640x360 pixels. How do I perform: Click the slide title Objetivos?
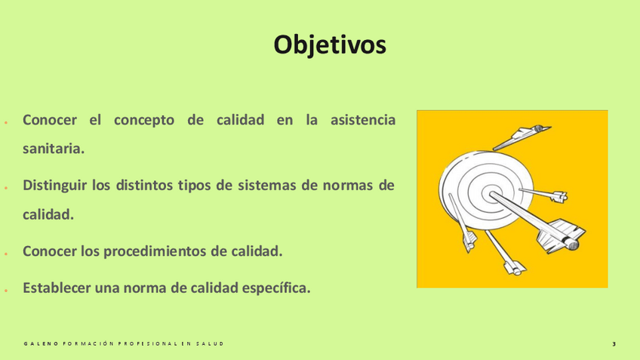330,45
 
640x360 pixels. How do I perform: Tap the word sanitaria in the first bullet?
54,149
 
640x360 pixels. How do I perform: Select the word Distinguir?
54,186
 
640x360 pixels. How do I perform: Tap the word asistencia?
363,120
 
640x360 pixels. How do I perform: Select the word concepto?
144,121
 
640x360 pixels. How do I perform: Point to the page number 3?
614,344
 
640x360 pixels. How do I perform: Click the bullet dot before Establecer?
6,291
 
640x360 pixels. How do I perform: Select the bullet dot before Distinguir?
6,188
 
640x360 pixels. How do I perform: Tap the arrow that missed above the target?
522,137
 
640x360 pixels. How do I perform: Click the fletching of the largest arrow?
562,236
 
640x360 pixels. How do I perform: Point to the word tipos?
195,186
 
